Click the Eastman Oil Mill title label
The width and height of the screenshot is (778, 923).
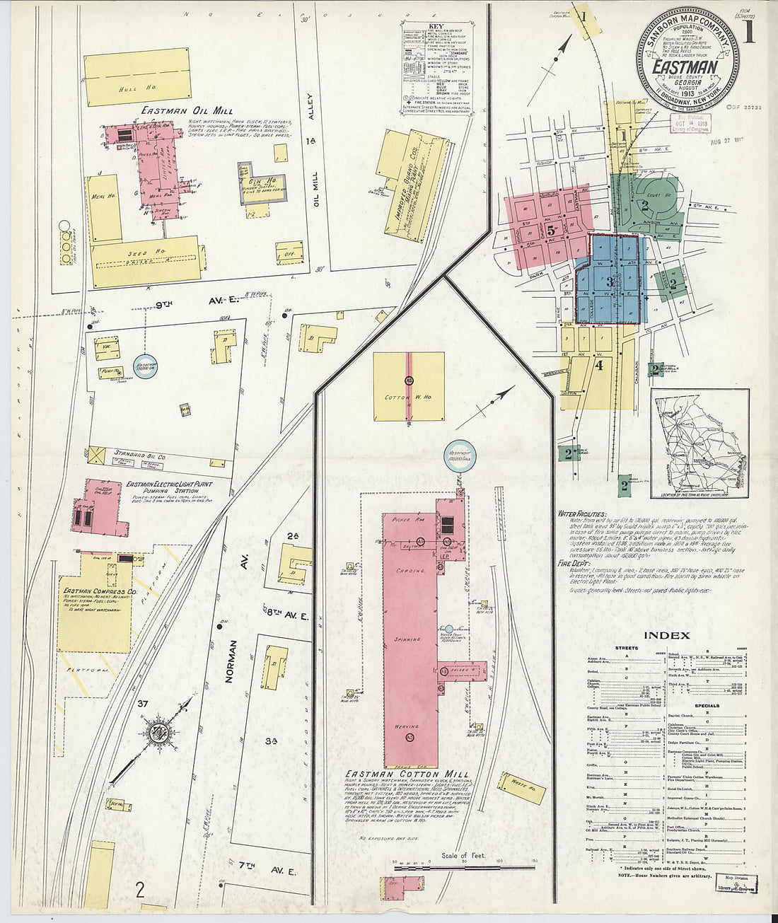pyautogui.click(x=187, y=110)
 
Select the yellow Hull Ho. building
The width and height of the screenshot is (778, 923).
pyautogui.click(x=136, y=78)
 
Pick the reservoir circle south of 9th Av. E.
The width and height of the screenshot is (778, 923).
pyautogui.click(x=146, y=366)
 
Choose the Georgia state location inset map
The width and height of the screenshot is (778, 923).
pyautogui.click(x=699, y=444)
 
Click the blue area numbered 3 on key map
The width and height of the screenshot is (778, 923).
pyautogui.click(x=609, y=280)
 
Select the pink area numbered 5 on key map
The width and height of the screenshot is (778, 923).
pyautogui.click(x=548, y=227)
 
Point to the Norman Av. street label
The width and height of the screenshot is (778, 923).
pyautogui.click(x=229, y=662)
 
